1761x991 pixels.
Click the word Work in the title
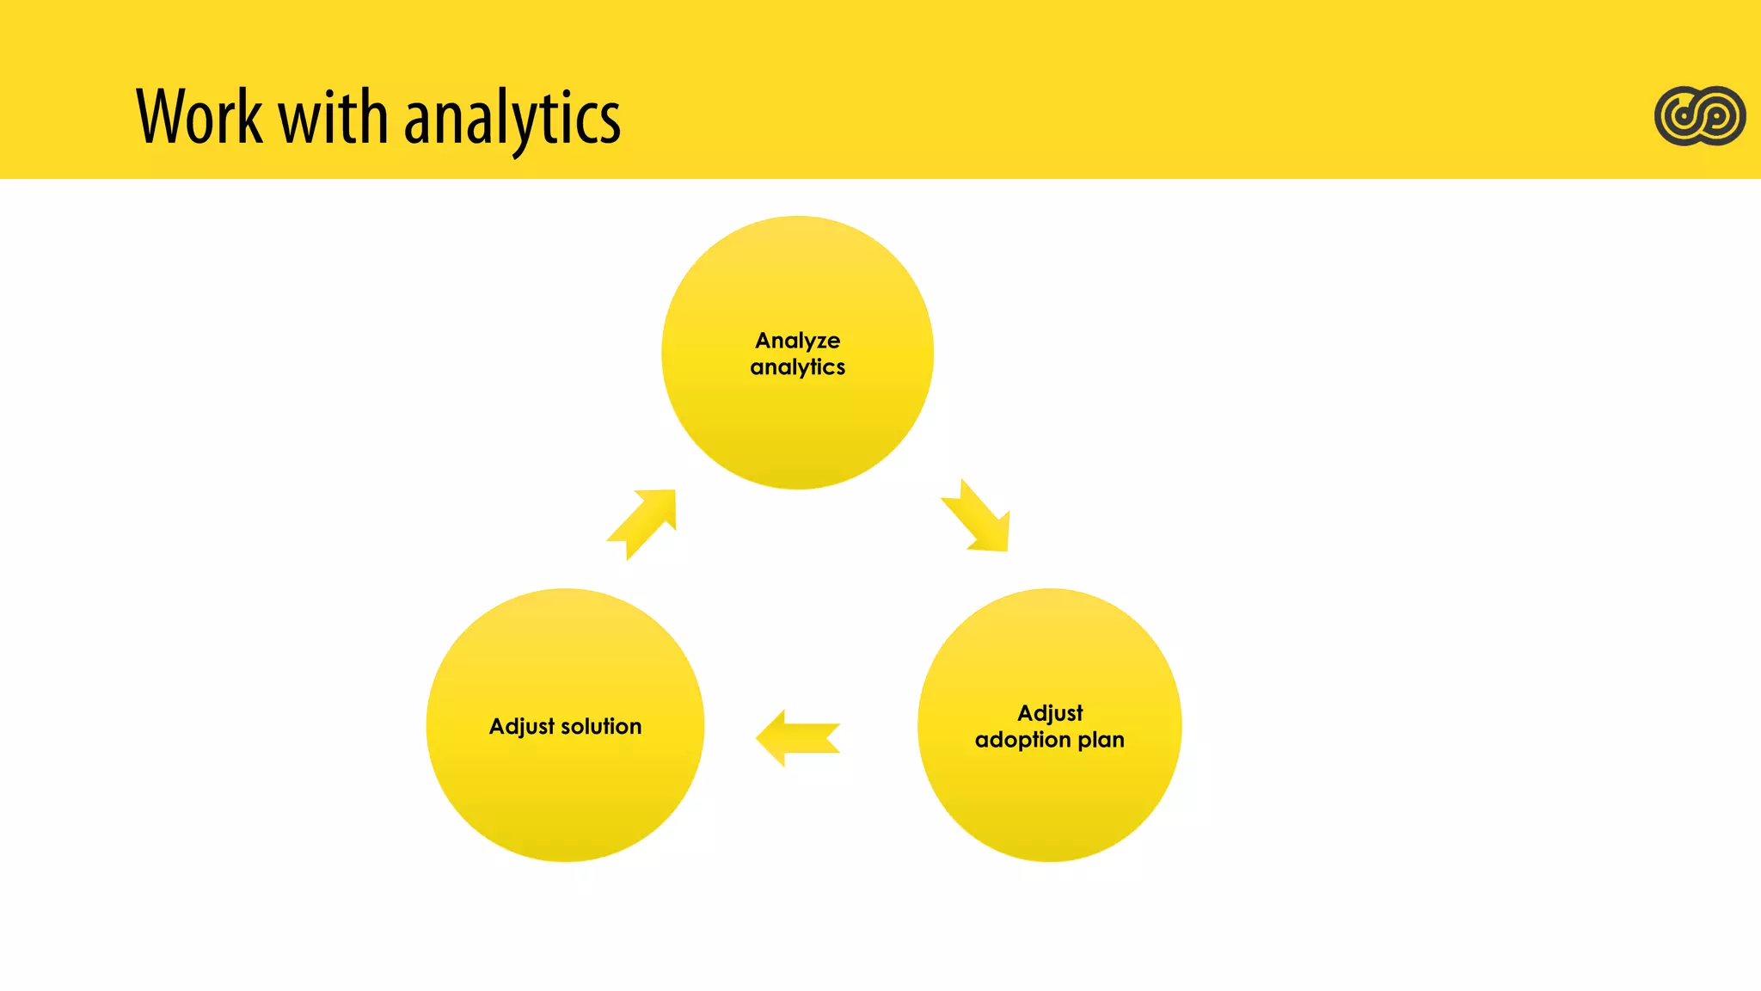(199, 117)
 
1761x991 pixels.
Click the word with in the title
(334, 117)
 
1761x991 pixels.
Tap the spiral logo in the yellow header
(1700, 115)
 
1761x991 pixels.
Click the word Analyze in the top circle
(797, 341)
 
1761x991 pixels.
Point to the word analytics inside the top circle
(797, 368)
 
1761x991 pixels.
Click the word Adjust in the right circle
(1050, 713)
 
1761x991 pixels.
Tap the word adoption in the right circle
(1022, 741)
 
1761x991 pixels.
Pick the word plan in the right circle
(1101, 740)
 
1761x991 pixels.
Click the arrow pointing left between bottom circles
(797, 738)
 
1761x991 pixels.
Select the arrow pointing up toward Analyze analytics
(643, 523)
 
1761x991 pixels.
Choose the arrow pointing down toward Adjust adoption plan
(977, 516)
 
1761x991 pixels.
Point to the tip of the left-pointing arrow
(759, 738)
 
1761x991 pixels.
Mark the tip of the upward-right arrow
(672, 493)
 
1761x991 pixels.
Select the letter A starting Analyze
(763, 341)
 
